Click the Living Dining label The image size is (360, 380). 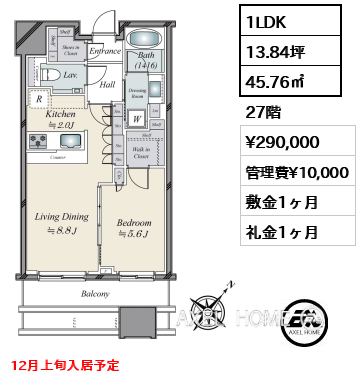point(63,215)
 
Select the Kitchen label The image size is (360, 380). point(60,115)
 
